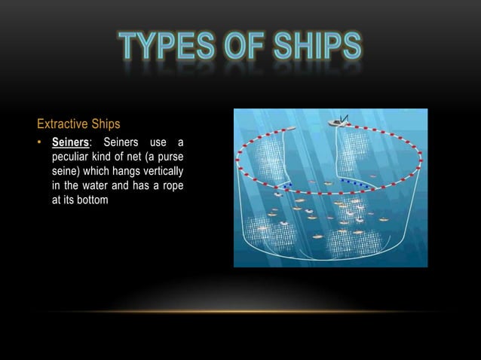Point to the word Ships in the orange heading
pyautogui.click(x=106, y=123)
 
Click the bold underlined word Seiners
pyautogui.click(x=69, y=144)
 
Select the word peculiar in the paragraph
pyautogui.click(x=72, y=157)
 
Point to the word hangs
pyautogui.click(x=117, y=171)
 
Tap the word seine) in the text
pyautogui.click(x=66, y=171)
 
